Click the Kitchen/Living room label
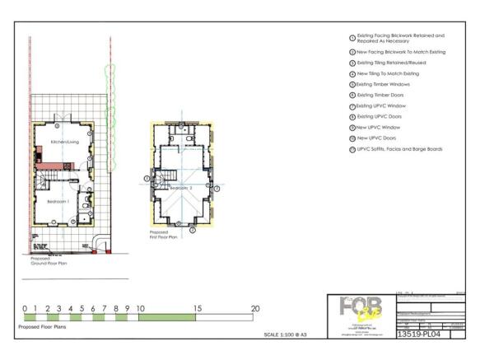pos(63,143)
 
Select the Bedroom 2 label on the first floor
pos(180,188)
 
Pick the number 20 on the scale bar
pos(255,309)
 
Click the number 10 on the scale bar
pos(141,309)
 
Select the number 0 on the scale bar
pos(26,309)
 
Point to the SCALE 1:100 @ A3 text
pos(285,335)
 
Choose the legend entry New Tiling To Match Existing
pos(394,73)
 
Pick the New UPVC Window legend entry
pos(384,127)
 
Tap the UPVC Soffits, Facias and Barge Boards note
pos(399,149)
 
